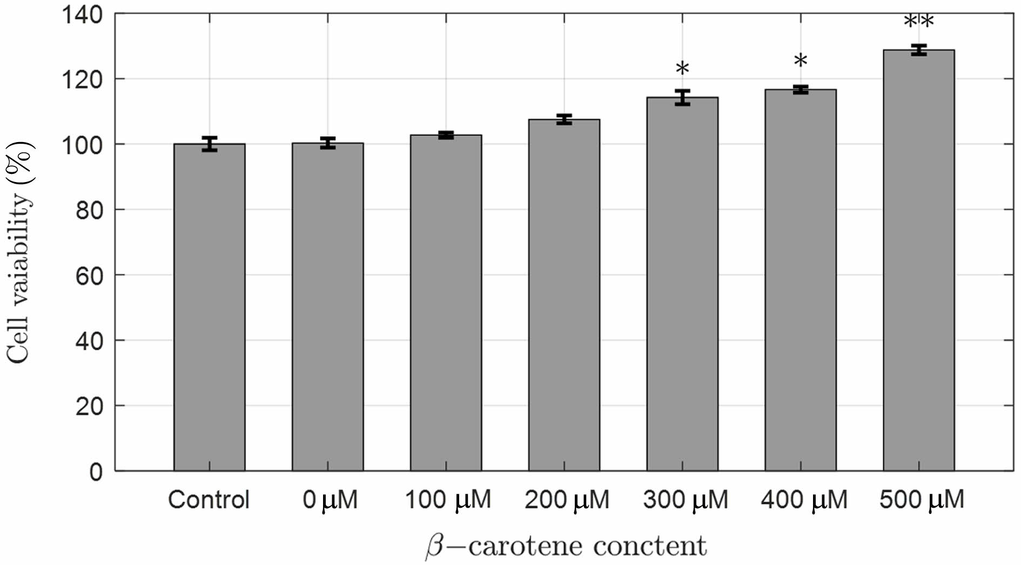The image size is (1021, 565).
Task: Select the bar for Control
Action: (x=209, y=308)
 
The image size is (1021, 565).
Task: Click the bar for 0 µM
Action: (x=327, y=308)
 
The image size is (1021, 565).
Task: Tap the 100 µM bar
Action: (x=446, y=302)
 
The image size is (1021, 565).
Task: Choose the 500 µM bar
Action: (x=918, y=259)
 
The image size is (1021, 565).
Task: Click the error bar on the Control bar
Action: (x=209, y=144)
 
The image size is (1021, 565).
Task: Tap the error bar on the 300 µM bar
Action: (x=682, y=97)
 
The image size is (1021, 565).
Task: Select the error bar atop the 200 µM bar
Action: (x=564, y=119)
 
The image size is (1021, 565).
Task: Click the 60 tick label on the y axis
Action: (x=89, y=276)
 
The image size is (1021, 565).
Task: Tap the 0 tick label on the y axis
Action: (x=96, y=472)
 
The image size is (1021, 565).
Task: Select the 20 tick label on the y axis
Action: (x=89, y=407)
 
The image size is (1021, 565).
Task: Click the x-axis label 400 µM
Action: (x=804, y=500)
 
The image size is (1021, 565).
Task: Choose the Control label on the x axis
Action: (x=209, y=500)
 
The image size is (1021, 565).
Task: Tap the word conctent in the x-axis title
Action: (x=650, y=546)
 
